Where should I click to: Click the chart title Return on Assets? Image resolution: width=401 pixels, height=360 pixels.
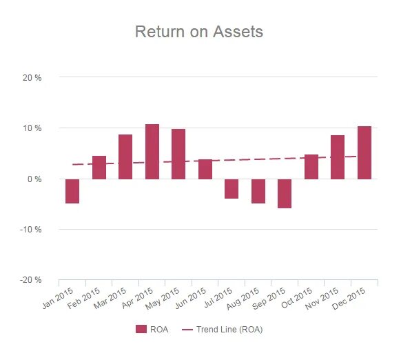pos(198,32)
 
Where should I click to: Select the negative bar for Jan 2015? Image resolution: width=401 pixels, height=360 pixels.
pos(72,191)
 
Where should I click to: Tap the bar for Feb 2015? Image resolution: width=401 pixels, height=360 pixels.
pos(99,168)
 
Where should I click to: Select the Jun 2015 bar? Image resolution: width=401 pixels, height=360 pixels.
pos(205,169)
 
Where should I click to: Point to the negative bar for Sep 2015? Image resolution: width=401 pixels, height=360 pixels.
pos(285,193)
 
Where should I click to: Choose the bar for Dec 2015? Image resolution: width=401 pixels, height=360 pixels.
pos(364,152)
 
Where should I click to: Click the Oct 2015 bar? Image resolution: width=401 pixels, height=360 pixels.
pos(311,167)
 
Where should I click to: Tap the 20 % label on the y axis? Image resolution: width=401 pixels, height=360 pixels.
pos(32,78)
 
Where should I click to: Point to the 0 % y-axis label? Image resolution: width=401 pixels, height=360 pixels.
pos(34,179)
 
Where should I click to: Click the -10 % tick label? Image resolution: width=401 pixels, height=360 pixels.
pos(32,230)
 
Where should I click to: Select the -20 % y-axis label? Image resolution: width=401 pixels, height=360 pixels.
pos(32,280)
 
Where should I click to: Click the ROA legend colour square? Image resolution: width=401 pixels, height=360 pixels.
pos(141,330)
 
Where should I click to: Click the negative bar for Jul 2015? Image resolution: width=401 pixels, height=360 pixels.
pos(232,189)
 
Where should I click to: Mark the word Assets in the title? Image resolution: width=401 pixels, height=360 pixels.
pos(237,32)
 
